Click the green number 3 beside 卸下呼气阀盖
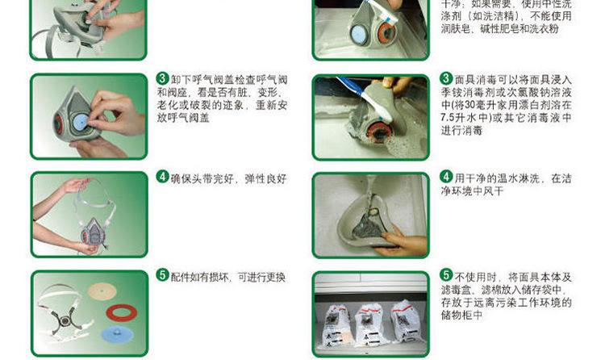click(162, 79)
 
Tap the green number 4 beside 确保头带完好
click(162, 177)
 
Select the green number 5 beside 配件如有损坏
click(162, 275)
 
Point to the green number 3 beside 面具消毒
click(446, 79)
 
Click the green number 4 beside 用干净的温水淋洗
click(446, 177)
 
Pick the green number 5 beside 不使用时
click(446, 275)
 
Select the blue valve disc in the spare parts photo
click(117, 334)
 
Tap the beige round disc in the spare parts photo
click(102, 291)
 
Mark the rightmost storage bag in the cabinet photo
click(407, 321)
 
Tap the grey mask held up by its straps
click(94, 232)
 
